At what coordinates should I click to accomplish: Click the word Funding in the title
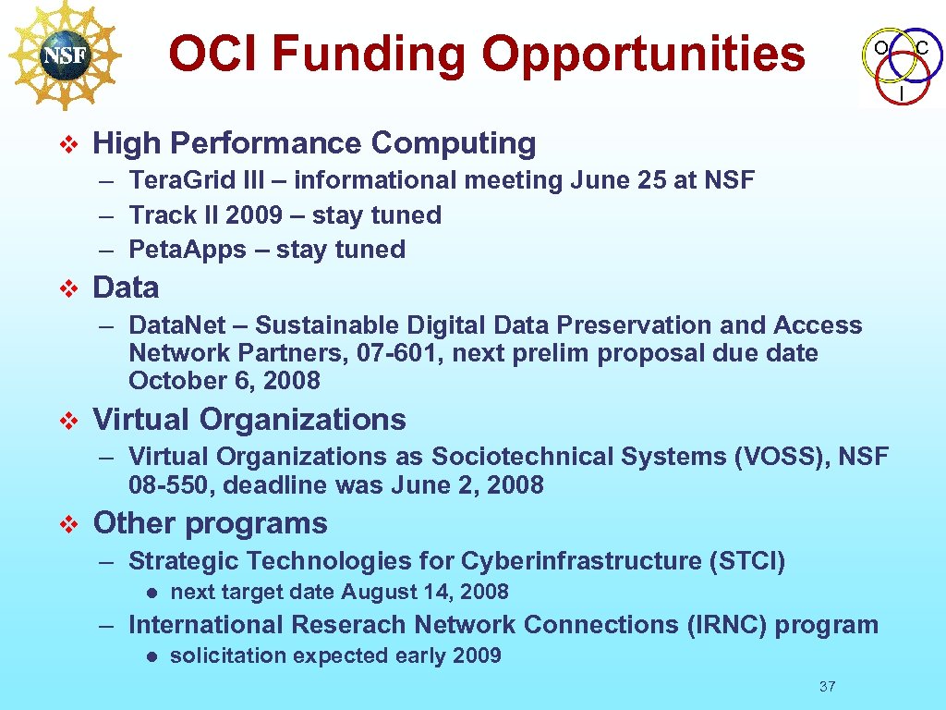(370, 54)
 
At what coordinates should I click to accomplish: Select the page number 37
(827, 686)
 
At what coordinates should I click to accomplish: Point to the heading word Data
(126, 288)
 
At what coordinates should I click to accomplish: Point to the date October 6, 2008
(224, 381)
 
